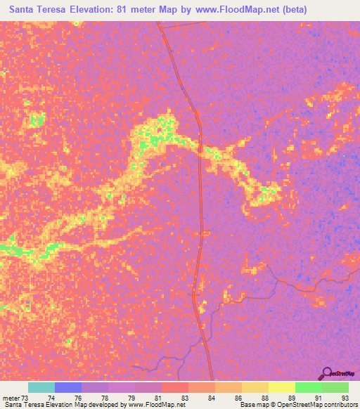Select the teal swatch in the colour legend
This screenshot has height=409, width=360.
tap(41, 387)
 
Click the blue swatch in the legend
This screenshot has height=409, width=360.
tap(68, 387)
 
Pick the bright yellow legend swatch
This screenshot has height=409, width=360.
tap(281, 387)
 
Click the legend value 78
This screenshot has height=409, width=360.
tap(106, 398)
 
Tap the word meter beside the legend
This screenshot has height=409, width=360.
tap(12, 398)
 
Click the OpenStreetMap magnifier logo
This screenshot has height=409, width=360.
tap(326, 373)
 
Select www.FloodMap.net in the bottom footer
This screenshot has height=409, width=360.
tap(151, 405)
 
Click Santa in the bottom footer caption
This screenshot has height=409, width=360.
tap(11, 405)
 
